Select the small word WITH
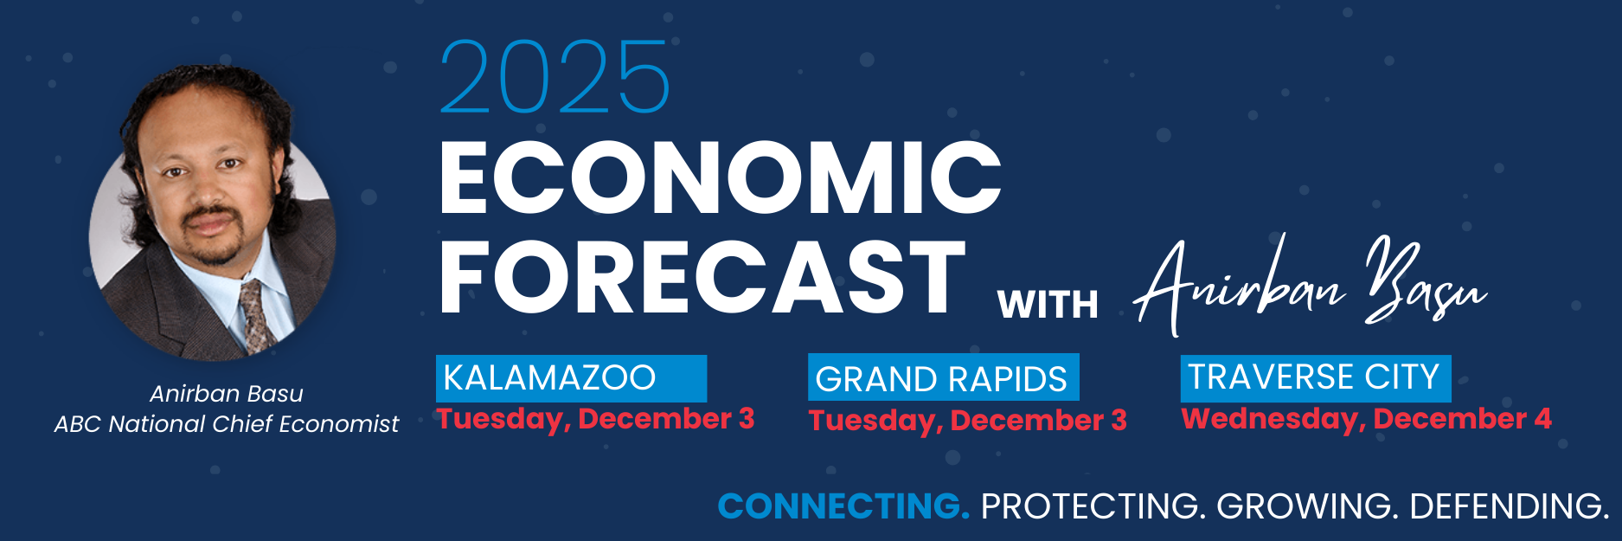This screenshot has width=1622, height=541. point(1048,305)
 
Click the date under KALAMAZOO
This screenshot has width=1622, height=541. point(596,419)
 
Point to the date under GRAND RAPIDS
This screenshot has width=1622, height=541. point(968,421)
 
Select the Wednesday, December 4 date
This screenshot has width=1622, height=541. point(1367,419)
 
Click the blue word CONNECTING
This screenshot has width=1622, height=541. point(843,506)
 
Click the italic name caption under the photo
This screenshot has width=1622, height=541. point(227,394)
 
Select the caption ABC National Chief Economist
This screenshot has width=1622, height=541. point(227,424)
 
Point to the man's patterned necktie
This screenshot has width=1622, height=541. point(256,316)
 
